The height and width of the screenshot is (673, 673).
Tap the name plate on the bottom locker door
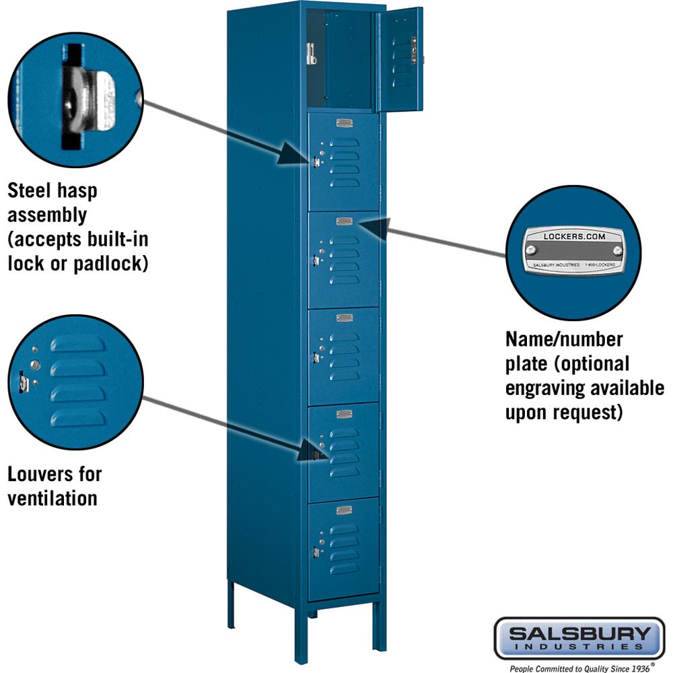pyautogui.click(x=345, y=509)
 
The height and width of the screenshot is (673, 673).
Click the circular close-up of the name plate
pyautogui.click(x=573, y=252)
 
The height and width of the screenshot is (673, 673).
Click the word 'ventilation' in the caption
pyautogui.click(x=52, y=498)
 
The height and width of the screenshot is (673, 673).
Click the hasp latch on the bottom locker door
pyautogui.click(x=315, y=552)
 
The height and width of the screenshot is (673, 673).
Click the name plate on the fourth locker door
pyautogui.click(x=345, y=318)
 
